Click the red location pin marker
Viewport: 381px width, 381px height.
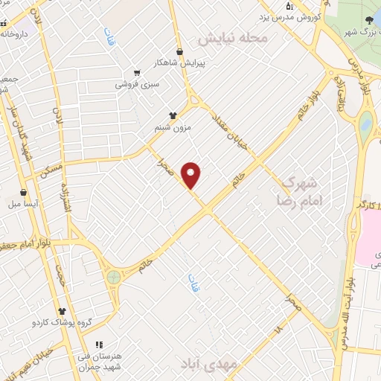(x=192, y=175)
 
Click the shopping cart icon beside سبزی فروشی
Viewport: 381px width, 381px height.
(x=136, y=73)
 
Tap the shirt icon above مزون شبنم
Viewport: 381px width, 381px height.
(x=173, y=115)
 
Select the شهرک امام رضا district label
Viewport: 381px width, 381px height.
(x=298, y=190)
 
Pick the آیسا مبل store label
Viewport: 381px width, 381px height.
(x=24, y=203)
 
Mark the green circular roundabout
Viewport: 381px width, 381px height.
(x=113, y=277)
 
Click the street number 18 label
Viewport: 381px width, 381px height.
(x=278, y=327)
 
